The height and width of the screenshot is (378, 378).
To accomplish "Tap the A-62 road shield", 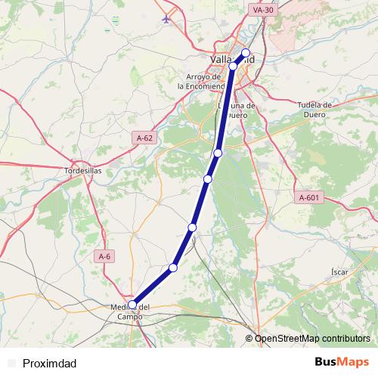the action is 145,138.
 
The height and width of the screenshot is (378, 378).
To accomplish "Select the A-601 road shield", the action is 309,197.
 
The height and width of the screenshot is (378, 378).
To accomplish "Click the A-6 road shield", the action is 105,256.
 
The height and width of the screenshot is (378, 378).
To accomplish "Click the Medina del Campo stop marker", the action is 132,305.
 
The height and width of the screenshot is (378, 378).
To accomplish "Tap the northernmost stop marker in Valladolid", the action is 245,53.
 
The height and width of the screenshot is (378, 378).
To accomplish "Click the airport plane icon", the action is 166,18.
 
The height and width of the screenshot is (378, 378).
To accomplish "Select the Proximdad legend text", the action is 49,364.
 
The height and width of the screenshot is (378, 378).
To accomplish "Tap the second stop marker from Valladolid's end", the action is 233,67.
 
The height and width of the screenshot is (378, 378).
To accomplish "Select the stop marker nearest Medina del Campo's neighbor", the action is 173,268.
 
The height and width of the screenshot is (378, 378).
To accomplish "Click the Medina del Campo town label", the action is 131,311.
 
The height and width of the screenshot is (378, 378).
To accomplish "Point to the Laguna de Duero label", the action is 238,110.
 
